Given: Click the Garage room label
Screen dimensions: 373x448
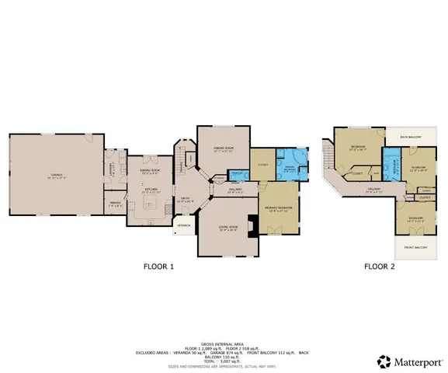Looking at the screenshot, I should (55, 175).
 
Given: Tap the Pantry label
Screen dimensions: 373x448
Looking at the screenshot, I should (113, 204).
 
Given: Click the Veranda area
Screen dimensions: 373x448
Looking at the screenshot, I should (184, 226).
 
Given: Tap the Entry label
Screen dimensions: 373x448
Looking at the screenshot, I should (186, 199).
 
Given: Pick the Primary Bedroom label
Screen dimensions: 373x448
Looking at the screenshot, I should (278, 208).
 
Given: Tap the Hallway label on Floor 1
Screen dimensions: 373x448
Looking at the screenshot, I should (236, 189).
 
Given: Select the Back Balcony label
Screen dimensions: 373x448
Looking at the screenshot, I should (410, 137).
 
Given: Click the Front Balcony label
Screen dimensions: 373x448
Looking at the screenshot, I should (416, 247).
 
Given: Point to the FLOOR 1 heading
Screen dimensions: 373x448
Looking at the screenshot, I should (158, 267).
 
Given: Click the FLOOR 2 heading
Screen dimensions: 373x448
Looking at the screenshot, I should (380, 267).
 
